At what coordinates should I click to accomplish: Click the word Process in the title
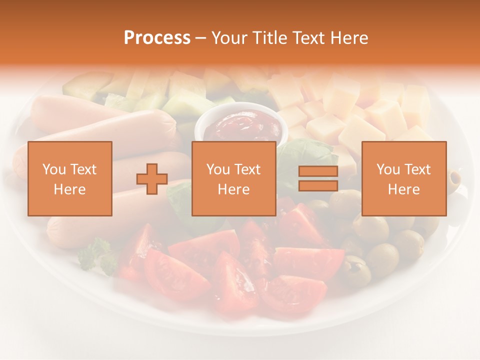157,38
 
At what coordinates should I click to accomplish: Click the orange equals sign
318,178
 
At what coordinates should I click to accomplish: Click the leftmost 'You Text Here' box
70,178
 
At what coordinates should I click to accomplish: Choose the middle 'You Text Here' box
233,178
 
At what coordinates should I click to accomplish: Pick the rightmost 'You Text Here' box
403,178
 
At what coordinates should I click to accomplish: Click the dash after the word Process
200,38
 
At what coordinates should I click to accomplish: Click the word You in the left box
53,169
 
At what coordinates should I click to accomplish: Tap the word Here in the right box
403,189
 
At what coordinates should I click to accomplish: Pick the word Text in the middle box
247,169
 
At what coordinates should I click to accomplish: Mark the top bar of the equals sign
318,171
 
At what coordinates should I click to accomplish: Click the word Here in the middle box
233,189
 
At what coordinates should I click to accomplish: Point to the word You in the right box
387,169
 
